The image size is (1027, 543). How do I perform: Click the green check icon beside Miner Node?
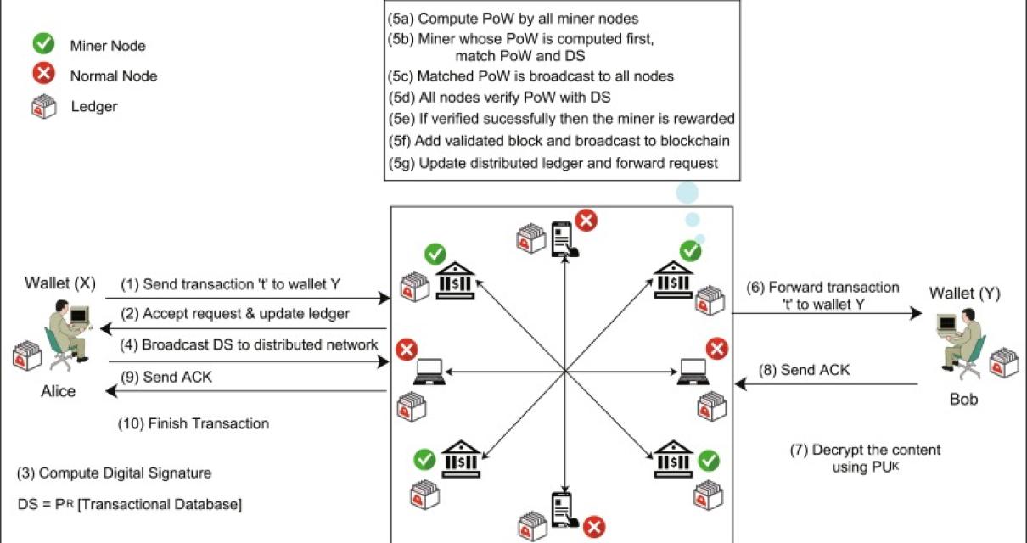click(x=43, y=45)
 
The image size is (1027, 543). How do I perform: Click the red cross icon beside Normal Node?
click(x=43, y=76)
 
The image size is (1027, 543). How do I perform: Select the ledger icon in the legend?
click(x=43, y=107)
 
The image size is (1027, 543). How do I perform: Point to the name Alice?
click(x=58, y=391)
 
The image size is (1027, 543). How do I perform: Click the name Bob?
click(x=962, y=398)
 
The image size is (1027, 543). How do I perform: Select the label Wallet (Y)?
click(x=964, y=294)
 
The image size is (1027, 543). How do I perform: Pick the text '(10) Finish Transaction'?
click(x=194, y=423)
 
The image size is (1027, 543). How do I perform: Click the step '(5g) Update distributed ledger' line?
click(x=553, y=162)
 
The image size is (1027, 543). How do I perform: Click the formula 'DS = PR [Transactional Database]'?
click(x=129, y=505)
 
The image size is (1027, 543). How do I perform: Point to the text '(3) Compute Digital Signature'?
click(x=114, y=473)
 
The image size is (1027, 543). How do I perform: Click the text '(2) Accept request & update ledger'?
click(x=234, y=314)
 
